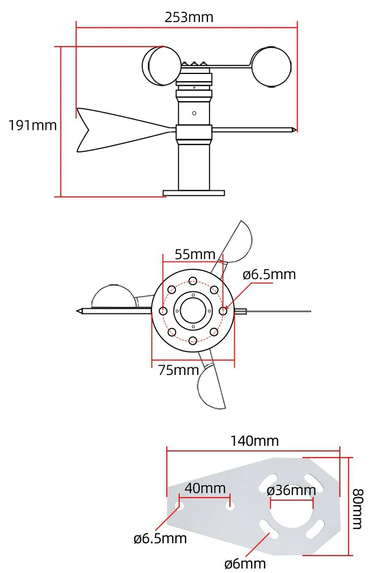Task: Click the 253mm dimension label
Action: tap(188, 17)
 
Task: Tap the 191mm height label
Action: tap(32, 125)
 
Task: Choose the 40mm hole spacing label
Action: tap(205, 488)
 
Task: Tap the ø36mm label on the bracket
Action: tap(291, 490)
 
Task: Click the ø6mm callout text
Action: tap(245, 563)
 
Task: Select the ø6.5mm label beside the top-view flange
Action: tap(269, 274)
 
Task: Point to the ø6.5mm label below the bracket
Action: tap(160, 538)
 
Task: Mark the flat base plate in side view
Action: tap(194, 193)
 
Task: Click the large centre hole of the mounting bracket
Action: tap(291, 513)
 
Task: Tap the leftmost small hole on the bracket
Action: tap(180, 506)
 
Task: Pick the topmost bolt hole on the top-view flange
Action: tap(193, 281)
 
